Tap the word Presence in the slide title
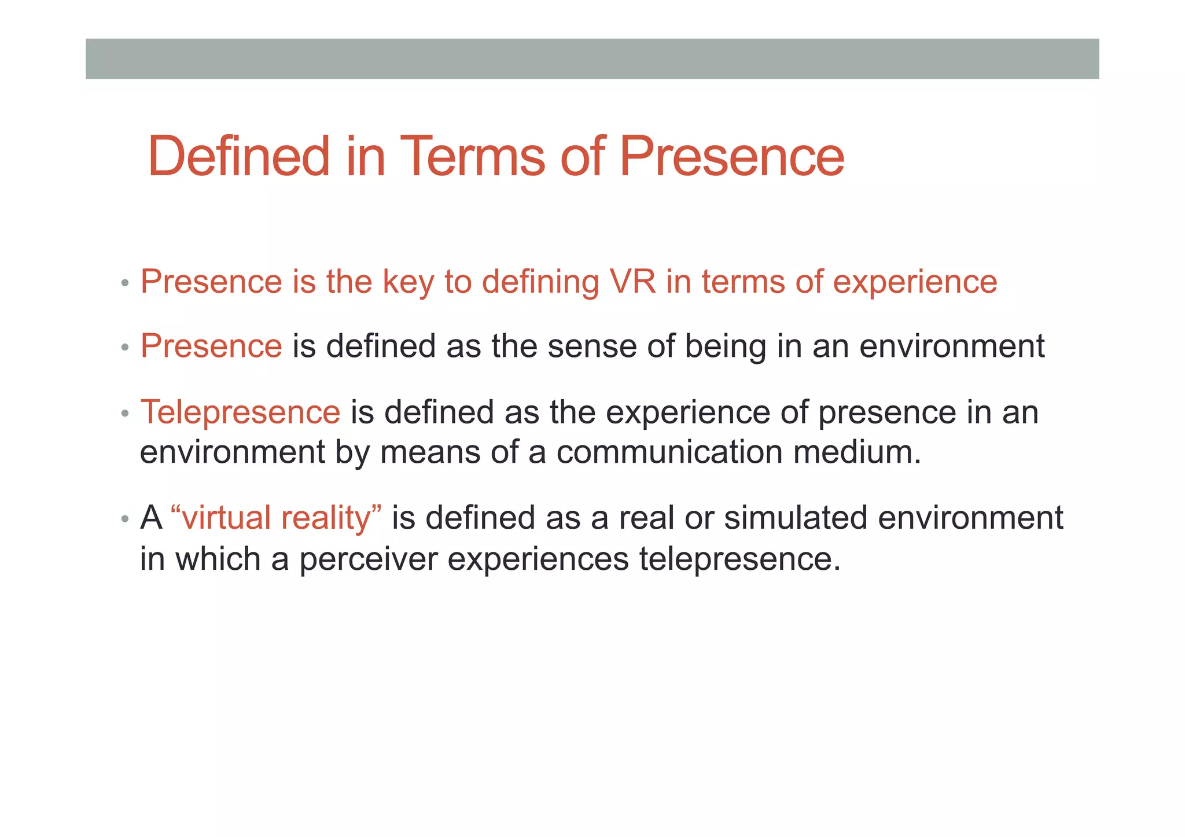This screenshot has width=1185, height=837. point(731,156)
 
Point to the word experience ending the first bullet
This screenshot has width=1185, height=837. point(915,283)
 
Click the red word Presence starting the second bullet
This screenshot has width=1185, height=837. point(211,346)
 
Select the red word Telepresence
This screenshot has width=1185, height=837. point(240,412)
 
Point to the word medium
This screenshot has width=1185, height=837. point(857,452)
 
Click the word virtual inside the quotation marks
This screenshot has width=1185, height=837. point(226,518)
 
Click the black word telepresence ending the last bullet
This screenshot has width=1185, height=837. point(739,560)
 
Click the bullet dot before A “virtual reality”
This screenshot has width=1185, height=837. point(125,519)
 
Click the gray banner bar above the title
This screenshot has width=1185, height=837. point(592,58)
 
